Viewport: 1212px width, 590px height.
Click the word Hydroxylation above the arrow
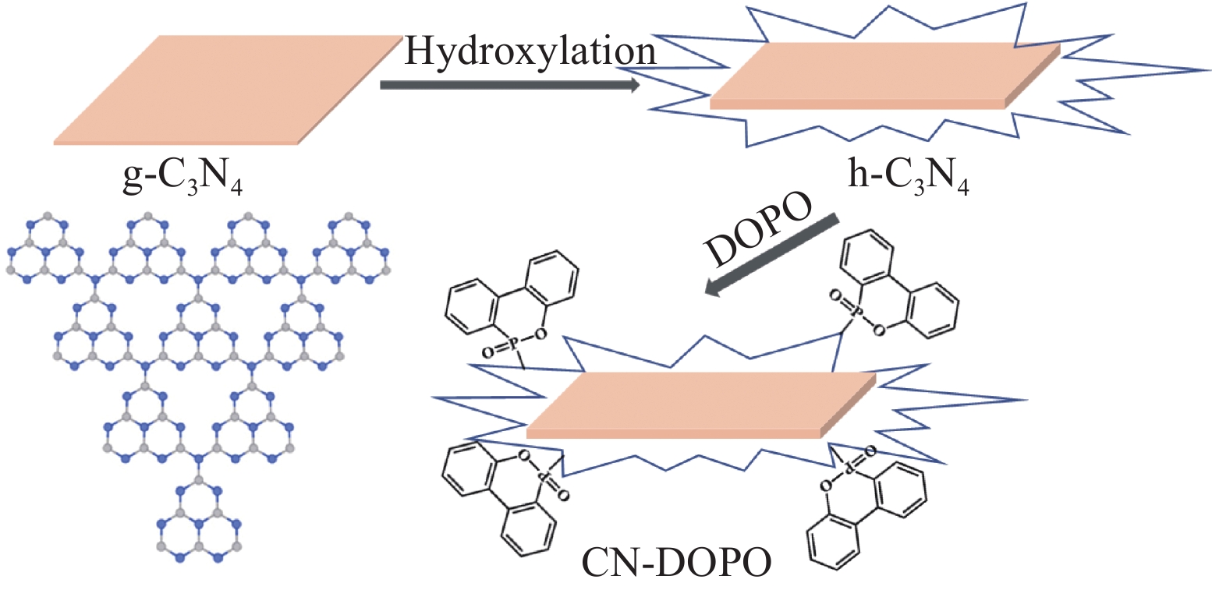tap(530, 52)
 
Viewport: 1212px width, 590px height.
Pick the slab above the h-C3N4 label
tap(881, 76)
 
